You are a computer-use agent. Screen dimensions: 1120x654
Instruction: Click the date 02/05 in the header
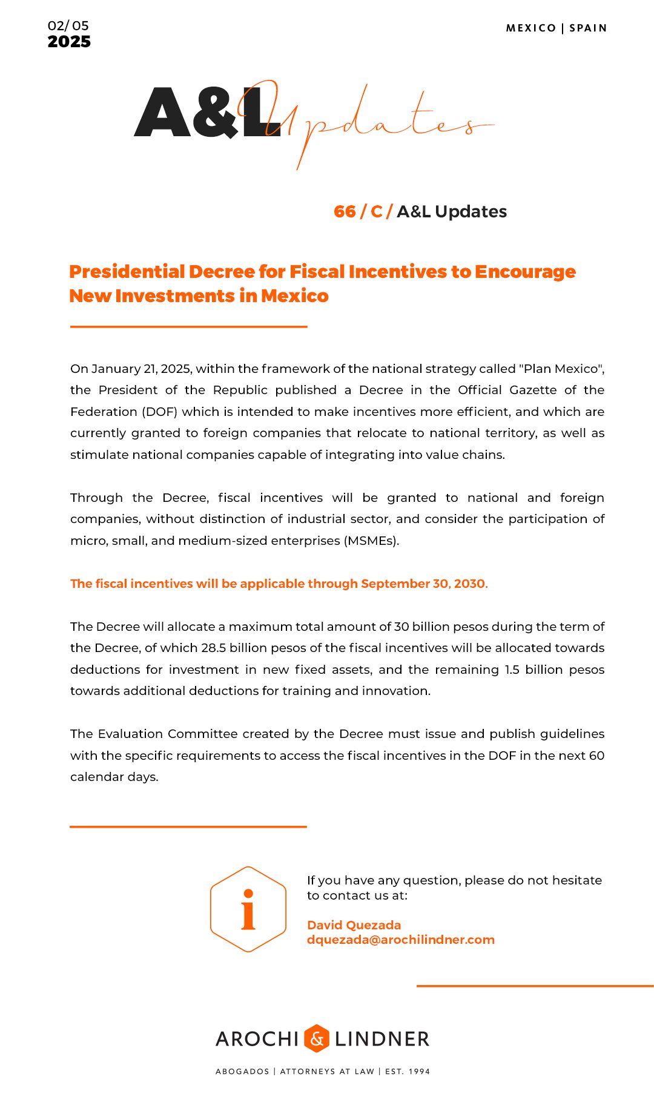[x=68, y=26]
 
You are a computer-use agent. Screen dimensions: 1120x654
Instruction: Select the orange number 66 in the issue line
[x=345, y=211]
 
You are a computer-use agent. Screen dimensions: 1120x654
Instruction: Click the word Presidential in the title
[x=128, y=272]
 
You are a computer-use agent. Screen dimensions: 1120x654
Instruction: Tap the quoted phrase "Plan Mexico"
[x=561, y=369]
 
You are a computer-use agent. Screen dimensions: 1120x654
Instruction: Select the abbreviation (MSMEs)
[x=371, y=541]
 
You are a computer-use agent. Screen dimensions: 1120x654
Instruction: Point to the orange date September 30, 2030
[x=423, y=584]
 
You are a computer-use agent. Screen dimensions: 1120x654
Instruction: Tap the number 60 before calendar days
[x=596, y=756]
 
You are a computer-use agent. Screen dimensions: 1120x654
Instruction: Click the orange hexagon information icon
[x=248, y=909]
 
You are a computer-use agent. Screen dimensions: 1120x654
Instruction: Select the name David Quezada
[x=354, y=925]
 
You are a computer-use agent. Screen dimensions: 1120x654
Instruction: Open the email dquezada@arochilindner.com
[x=400, y=940]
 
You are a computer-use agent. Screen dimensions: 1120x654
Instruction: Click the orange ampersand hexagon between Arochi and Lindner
[x=316, y=1039]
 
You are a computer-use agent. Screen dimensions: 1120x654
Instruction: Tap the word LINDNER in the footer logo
[x=381, y=1039]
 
